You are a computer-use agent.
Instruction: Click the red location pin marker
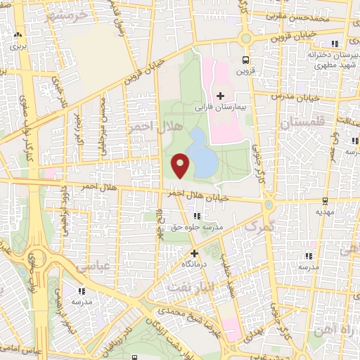click(181, 165)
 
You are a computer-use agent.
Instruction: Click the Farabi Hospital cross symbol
click(220, 96)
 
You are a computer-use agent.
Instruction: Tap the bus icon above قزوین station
click(245, 60)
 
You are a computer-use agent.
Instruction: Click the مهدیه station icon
click(323, 200)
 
